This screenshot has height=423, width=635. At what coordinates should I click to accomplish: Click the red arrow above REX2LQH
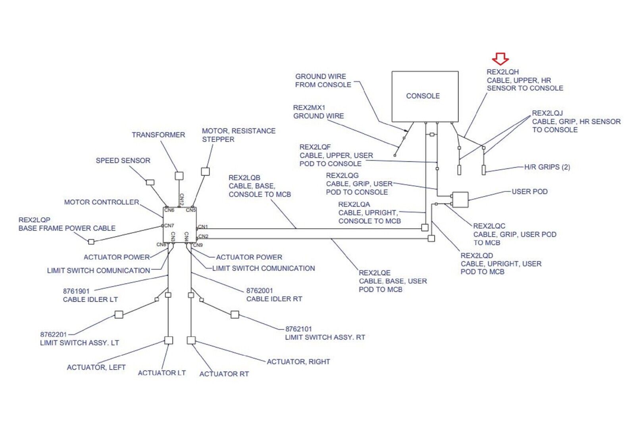click(500, 59)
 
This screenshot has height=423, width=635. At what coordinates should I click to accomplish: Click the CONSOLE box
click(425, 96)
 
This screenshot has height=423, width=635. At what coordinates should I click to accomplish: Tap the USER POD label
click(529, 192)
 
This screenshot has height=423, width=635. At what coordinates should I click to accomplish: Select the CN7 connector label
click(169, 225)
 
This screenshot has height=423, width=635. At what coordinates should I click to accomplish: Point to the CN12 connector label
click(182, 199)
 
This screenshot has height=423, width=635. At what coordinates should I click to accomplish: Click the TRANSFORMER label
click(158, 135)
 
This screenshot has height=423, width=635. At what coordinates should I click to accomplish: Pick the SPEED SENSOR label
click(123, 161)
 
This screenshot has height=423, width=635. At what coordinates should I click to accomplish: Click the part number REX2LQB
click(244, 178)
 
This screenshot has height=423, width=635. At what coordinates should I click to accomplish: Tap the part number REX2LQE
click(375, 273)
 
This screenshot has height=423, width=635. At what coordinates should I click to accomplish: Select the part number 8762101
click(298, 329)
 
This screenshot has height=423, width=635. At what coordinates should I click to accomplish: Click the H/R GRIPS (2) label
click(547, 167)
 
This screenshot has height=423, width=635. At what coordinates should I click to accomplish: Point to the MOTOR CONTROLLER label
click(102, 202)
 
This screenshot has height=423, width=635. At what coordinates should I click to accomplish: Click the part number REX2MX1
click(309, 108)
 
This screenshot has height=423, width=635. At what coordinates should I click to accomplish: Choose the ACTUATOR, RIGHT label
click(298, 362)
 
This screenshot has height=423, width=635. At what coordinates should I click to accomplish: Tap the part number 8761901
click(76, 291)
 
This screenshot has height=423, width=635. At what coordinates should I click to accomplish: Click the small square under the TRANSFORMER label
click(179, 175)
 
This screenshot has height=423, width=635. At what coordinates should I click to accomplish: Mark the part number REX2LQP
click(35, 220)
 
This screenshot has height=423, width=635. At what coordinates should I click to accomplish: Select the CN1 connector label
click(203, 227)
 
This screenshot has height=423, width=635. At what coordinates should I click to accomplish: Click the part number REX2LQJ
click(547, 113)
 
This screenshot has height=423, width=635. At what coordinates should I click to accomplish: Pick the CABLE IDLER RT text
click(274, 299)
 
